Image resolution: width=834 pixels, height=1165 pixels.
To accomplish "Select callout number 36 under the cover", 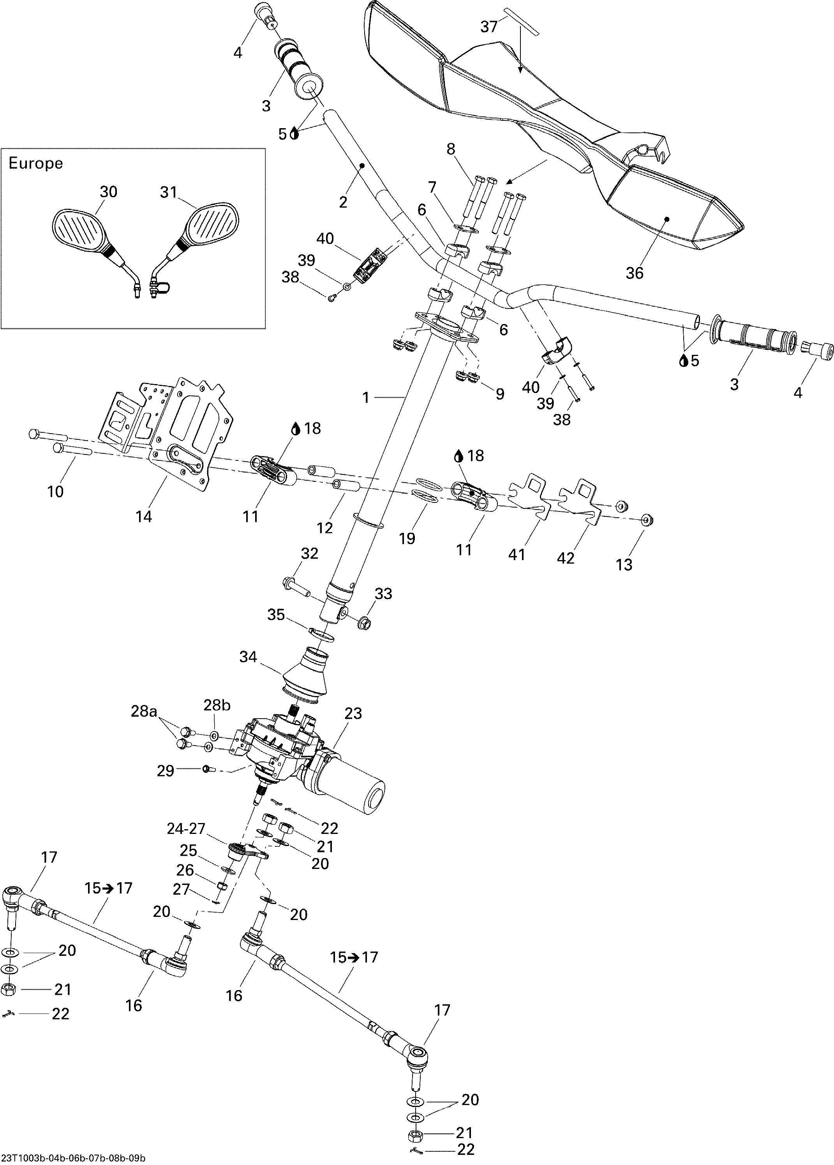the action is (x=634, y=273).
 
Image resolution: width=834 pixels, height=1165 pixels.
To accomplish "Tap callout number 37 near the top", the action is (x=489, y=27).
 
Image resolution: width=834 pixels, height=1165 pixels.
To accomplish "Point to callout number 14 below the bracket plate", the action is (x=144, y=516).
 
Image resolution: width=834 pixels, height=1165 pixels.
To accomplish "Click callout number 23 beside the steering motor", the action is (x=353, y=713).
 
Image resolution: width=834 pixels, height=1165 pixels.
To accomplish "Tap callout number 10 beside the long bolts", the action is (x=55, y=492).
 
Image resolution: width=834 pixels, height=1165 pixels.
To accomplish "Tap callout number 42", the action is (x=566, y=558).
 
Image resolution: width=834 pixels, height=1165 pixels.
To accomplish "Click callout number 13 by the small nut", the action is (x=624, y=565).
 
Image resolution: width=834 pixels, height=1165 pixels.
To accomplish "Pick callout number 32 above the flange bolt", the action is (x=309, y=553).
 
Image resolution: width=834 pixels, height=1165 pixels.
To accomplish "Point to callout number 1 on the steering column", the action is (x=366, y=397).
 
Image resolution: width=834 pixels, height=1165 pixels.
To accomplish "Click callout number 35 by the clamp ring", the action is (x=276, y=615).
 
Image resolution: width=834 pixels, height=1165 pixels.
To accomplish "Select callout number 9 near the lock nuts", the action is (x=500, y=394).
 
